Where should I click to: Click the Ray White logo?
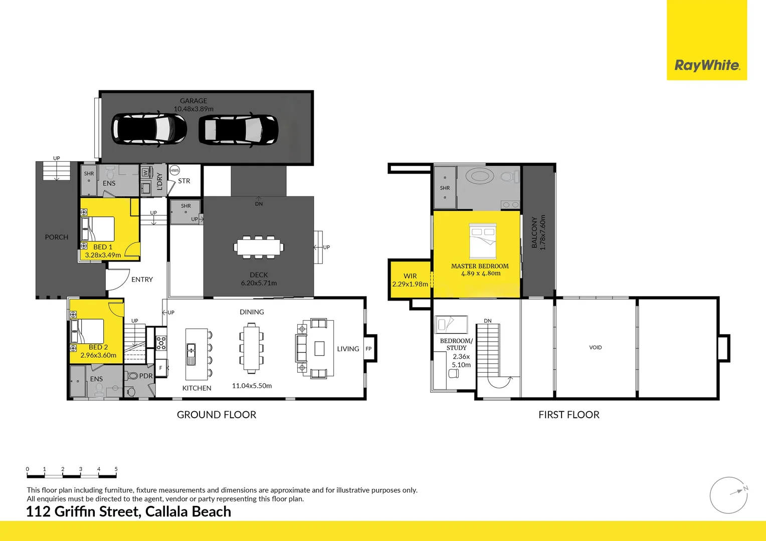click(707, 65)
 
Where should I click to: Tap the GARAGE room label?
click(194, 101)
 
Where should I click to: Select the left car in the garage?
click(149, 129)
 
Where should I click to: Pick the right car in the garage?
click(238, 130)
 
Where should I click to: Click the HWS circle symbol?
click(174, 170)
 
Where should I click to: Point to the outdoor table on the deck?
click(259, 247)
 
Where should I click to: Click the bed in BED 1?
click(98, 229)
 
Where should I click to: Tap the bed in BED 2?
click(88, 332)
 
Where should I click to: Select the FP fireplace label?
click(368, 349)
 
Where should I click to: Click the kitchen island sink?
click(191, 354)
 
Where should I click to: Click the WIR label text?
click(410, 276)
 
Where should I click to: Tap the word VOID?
click(596, 347)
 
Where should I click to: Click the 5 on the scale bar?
click(116, 469)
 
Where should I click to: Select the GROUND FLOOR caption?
click(217, 415)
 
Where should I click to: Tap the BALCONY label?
click(534, 232)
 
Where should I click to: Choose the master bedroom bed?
click(483, 240)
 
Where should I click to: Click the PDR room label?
click(146, 376)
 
